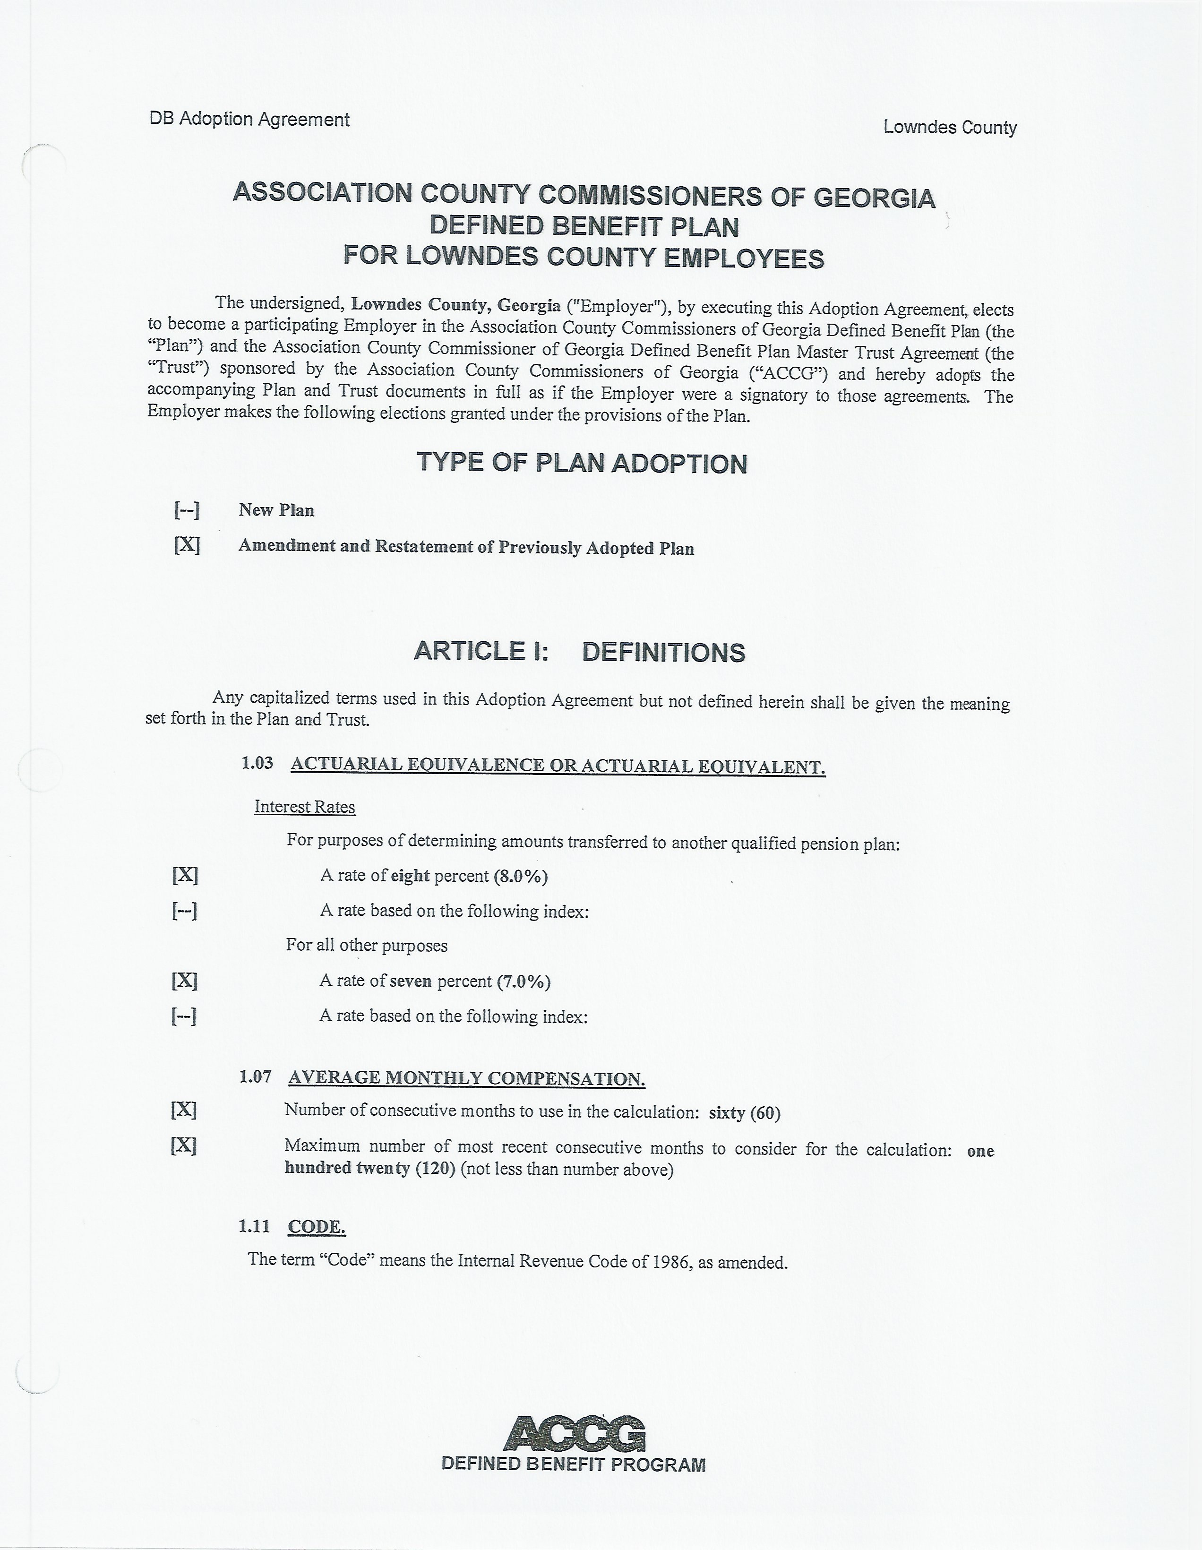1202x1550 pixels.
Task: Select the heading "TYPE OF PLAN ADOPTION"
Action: [581, 463]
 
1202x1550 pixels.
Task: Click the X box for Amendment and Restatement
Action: [187, 545]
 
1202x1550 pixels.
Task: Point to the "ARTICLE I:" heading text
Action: [481, 651]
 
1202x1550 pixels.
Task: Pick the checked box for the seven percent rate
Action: [184, 980]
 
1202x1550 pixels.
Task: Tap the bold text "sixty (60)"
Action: [744, 1112]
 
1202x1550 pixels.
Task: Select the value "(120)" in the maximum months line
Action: [435, 1168]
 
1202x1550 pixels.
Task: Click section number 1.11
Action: [254, 1226]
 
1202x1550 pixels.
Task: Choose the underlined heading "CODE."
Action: [317, 1226]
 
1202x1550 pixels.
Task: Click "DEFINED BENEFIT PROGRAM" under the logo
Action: [573, 1464]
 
